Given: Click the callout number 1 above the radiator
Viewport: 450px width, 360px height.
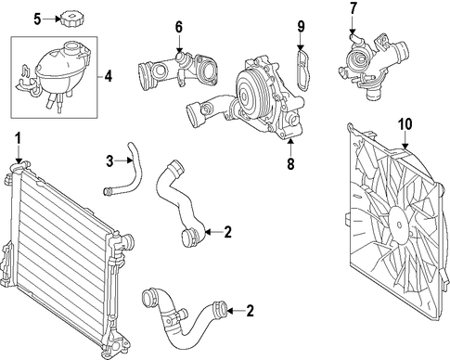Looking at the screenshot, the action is (x=19, y=138).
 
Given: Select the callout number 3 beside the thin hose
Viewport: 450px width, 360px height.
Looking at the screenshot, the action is (x=109, y=161).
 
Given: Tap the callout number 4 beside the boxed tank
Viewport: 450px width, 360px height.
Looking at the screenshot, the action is (x=108, y=76).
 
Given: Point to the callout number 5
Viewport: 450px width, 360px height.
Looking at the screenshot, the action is (x=37, y=19).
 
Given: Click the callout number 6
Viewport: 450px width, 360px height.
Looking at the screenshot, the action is (x=179, y=27).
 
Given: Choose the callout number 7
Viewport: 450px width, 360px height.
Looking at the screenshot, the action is (x=354, y=8).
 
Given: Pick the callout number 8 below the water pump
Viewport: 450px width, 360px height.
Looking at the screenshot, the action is (x=290, y=164).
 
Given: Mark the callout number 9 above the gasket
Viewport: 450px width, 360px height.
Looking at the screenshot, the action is (x=302, y=27).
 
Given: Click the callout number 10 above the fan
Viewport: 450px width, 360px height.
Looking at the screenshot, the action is (x=405, y=124).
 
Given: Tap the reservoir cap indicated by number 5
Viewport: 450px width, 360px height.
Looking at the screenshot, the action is (x=71, y=19).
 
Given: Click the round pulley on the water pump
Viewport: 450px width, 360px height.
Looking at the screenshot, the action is (x=249, y=95).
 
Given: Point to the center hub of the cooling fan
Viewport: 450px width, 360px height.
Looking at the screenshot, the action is (x=399, y=225).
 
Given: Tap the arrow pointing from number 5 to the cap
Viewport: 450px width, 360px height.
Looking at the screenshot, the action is (x=51, y=19).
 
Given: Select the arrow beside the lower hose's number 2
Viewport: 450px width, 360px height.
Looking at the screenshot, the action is (x=236, y=311).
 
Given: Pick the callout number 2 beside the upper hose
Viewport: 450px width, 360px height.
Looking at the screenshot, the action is (x=228, y=232).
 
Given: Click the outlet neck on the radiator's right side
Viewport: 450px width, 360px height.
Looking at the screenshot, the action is (x=127, y=239).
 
